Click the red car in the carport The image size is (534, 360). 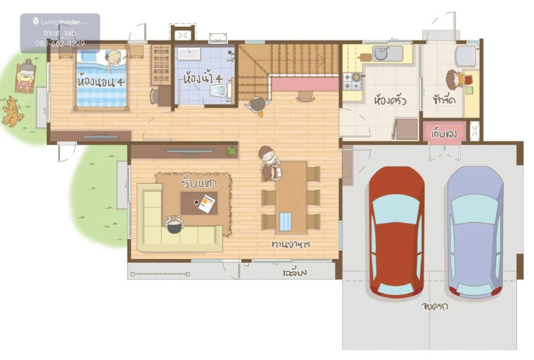[396, 232]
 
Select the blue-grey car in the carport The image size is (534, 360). [475, 232]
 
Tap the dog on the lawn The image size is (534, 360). [12, 111]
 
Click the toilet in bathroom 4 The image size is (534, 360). [220, 90]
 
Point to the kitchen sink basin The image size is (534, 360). [381, 53]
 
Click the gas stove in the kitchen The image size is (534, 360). [352, 82]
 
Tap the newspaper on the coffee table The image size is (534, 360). [206, 204]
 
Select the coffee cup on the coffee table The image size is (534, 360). [196, 202]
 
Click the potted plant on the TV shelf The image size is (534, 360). [231, 151]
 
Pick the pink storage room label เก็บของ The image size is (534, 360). [444, 134]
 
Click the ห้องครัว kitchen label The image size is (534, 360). [390, 101]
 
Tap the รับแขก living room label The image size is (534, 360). [199, 182]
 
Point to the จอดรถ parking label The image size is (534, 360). [435, 306]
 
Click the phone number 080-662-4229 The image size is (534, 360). [60, 44]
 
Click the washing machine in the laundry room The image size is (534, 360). [465, 56]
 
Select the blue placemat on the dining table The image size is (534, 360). [285, 222]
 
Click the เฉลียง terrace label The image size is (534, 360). [295, 272]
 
